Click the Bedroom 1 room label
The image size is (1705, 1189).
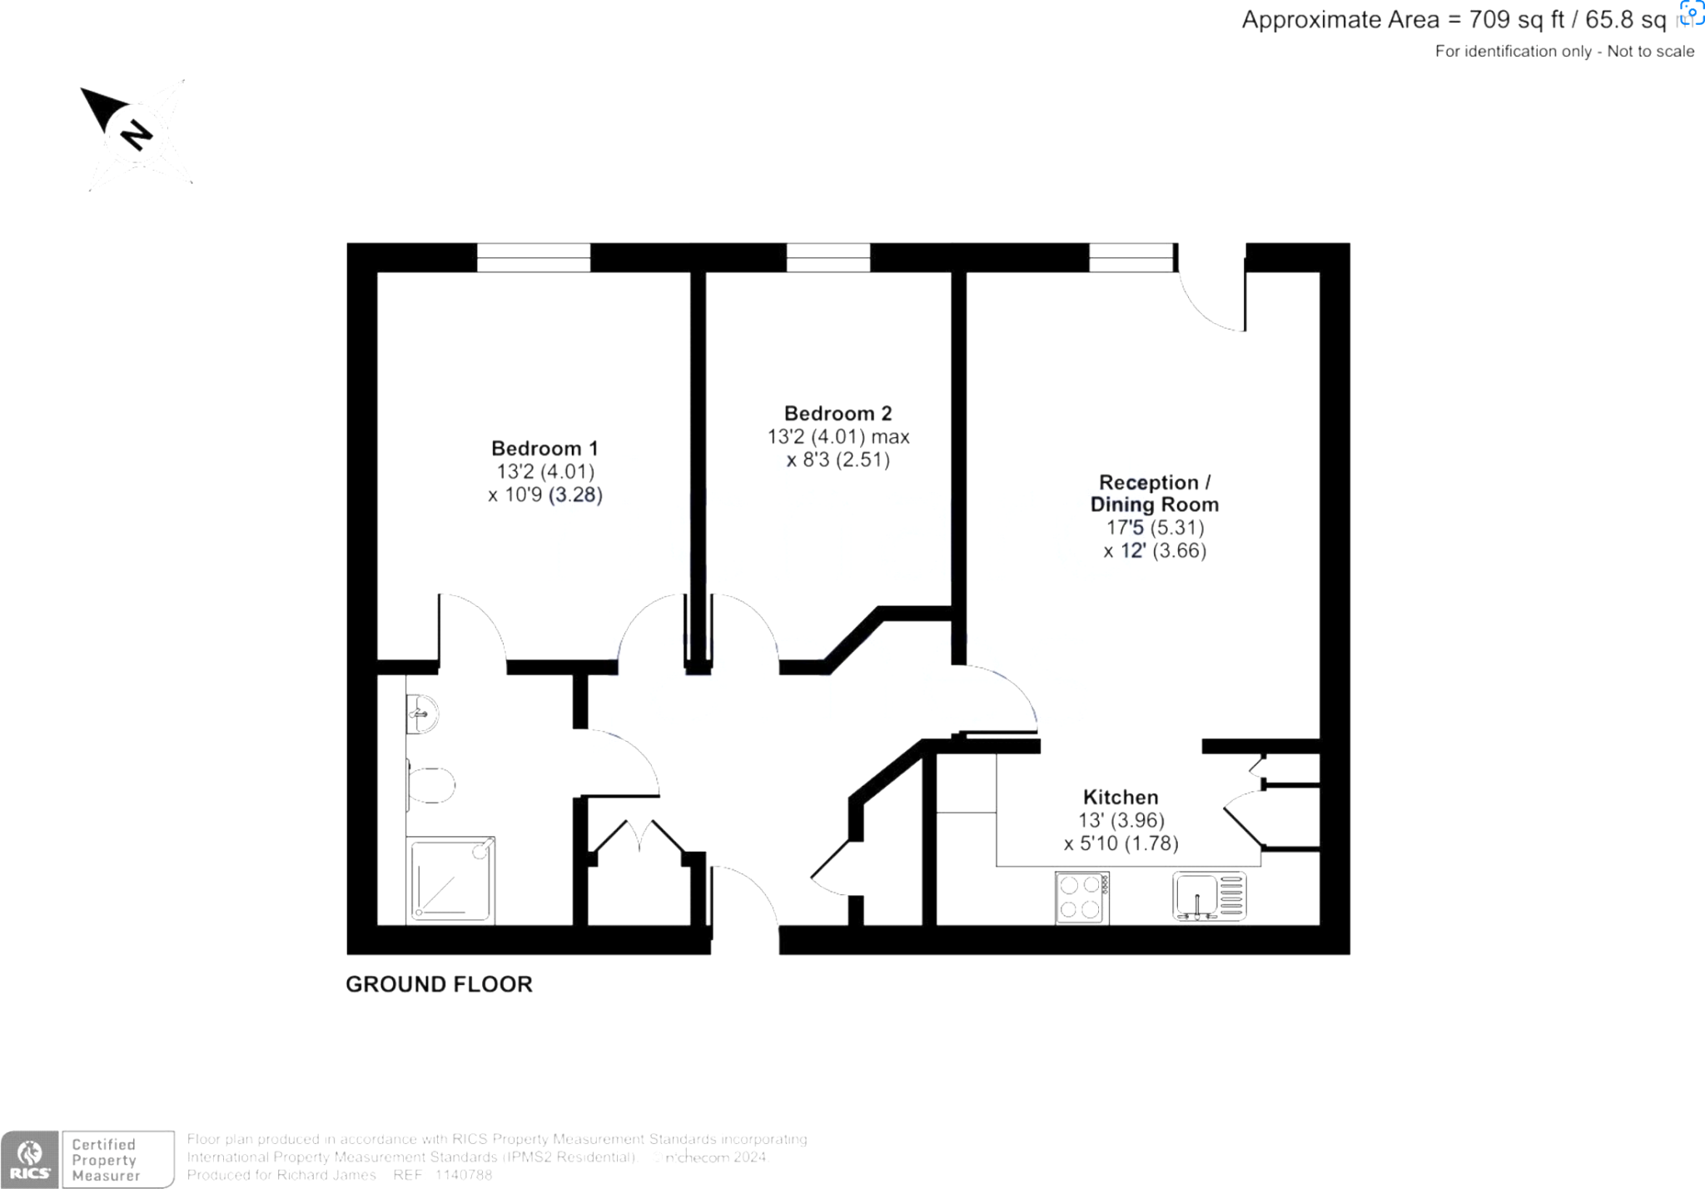click(x=544, y=449)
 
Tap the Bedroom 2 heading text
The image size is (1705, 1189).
click(x=838, y=414)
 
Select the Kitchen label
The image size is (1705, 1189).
click(x=1120, y=797)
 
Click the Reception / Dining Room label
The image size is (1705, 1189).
click(x=1154, y=494)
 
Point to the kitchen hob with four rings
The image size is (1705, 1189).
click(x=1081, y=898)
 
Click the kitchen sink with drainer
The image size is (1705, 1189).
click(x=1209, y=896)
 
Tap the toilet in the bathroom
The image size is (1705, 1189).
click(x=431, y=784)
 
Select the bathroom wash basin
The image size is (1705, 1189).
click(x=422, y=714)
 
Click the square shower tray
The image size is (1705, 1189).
click(x=450, y=881)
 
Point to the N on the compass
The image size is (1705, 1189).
click(x=136, y=135)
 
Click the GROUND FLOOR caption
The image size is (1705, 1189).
click(x=439, y=984)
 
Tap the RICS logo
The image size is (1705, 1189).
click(x=30, y=1159)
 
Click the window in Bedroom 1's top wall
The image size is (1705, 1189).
click(x=534, y=257)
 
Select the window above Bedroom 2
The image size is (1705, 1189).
click(x=828, y=257)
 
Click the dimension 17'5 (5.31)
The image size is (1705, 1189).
click(x=1155, y=528)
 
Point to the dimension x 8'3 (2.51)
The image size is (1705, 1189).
click(x=838, y=460)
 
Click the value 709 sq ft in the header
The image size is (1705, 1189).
click(x=1517, y=20)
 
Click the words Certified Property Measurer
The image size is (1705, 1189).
click(x=106, y=1160)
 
